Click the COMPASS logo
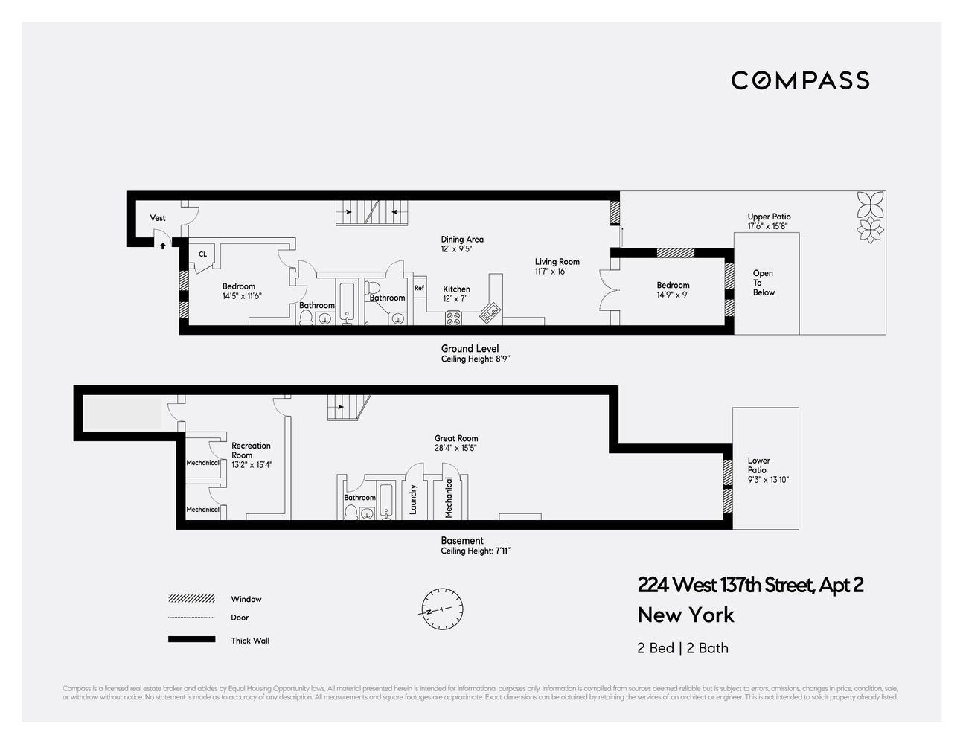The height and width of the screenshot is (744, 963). [800, 80]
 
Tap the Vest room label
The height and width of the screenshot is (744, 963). [158, 218]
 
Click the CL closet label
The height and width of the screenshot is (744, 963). [202, 254]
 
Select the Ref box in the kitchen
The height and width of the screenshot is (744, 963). [419, 288]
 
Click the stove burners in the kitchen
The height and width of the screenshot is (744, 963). [454, 318]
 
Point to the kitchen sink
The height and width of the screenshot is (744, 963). [490, 312]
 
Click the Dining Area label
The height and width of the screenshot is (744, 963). [462, 240]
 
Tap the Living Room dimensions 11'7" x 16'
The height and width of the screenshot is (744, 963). [551, 272]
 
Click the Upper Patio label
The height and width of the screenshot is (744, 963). [769, 217]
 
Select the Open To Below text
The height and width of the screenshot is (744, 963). [763, 283]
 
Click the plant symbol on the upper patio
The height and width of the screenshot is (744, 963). [868, 215]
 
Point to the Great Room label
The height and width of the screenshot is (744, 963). [456, 439]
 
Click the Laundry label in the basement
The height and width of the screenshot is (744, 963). [413, 499]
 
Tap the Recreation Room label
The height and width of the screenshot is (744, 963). [251, 450]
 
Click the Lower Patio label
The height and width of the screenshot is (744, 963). [758, 465]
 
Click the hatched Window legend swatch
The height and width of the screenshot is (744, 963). [192, 599]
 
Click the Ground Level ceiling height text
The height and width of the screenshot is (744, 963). [475, 359]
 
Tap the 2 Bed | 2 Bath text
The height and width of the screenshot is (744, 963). [682, 648]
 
